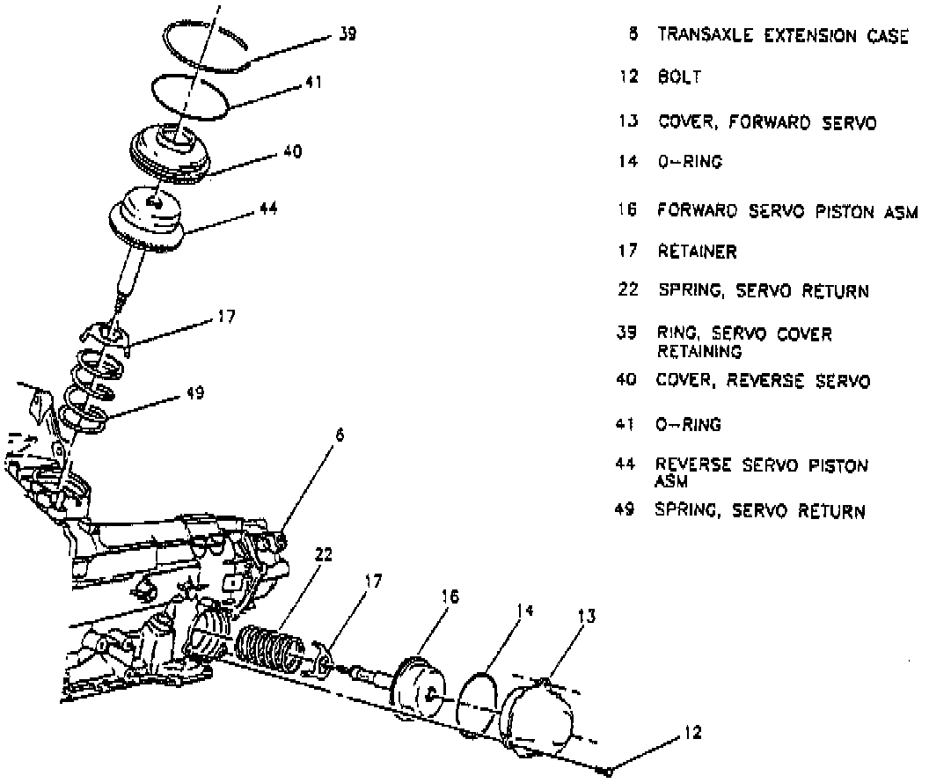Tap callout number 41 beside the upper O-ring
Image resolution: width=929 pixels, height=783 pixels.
314,83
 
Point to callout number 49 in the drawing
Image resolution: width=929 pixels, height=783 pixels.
194,393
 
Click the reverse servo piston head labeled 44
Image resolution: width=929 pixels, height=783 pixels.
147,216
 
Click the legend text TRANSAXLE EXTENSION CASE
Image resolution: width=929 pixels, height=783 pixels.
782,36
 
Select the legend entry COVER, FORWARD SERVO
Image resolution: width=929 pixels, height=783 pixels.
767,123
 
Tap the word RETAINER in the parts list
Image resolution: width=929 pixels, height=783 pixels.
697,252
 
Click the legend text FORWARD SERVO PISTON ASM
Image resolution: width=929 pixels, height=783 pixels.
787,211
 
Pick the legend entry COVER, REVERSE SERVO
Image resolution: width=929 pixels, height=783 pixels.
764,382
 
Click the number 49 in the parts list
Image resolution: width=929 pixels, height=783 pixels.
625,510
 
